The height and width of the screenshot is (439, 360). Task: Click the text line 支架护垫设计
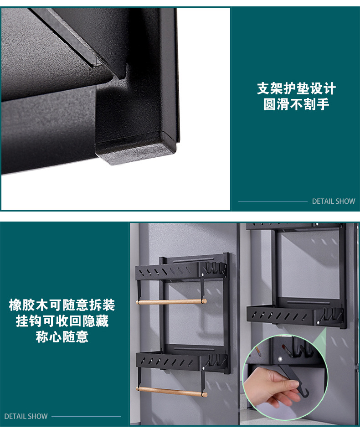click(296, 88)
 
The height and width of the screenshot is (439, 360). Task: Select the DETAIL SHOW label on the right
click(333, 201)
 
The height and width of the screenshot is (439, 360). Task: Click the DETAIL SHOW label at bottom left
click(26, 416)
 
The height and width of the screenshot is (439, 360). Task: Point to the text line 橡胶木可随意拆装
click(62, 305)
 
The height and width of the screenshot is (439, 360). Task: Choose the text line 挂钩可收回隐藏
click(62, 321)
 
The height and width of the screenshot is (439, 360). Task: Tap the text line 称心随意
click(62, 337)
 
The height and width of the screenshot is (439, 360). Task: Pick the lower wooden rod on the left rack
click(172, 391)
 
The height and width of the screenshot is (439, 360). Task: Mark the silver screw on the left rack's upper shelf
click(202, 274)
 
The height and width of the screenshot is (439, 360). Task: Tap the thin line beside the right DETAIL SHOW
click(273, 201)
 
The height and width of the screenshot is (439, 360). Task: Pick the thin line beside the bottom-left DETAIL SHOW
click(86, 416)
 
